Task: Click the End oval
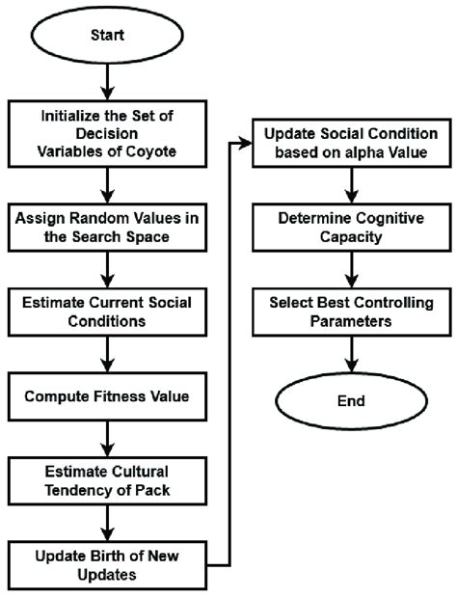click(348, 401)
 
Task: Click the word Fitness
click(135, 394)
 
